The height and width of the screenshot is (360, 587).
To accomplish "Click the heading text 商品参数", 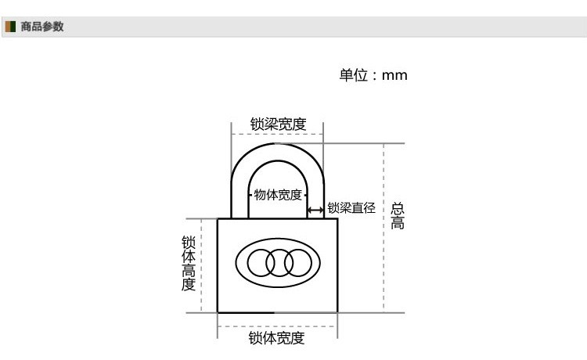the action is tap(42, 27).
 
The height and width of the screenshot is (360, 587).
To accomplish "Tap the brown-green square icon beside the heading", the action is tap(10, 27).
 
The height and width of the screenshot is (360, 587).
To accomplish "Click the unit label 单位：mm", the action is tap(373, 75).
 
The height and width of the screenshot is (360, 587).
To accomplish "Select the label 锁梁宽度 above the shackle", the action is tap(278, 124).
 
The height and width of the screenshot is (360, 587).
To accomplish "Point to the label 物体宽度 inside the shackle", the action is tap(278, 195).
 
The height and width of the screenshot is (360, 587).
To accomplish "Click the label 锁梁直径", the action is tap(351, 207).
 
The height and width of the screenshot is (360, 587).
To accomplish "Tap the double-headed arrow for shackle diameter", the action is tap(315, 211).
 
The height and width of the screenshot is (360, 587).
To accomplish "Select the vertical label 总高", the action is tap(397, 216).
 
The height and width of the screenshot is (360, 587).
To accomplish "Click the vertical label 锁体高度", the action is tap(189, 264).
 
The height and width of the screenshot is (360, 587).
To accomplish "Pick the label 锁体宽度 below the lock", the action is tap(276, 338).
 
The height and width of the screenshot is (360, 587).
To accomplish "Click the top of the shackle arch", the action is tap(277, 144).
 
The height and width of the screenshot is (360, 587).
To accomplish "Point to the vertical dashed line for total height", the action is tap(384, 228).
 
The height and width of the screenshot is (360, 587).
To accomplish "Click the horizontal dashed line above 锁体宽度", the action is tap(277, 326).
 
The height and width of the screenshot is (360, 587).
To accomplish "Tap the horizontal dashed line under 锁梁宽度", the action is tap(277, 134).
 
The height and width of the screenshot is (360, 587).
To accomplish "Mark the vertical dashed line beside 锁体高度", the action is tap(201, 265).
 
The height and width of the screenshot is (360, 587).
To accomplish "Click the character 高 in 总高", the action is tap(397, 223).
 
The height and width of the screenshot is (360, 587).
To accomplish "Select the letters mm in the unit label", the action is tap(394, 76).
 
